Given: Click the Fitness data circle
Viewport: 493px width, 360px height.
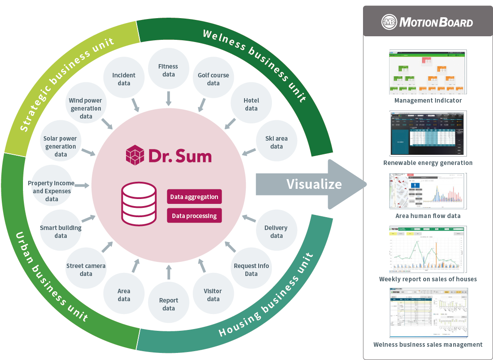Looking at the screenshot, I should [x=168, y=70].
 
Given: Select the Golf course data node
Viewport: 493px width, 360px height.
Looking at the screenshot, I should [x=213, y=79].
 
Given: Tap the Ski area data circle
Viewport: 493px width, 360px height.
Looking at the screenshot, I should [x=276, y=142].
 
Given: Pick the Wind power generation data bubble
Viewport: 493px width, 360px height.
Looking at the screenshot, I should [x=86, y=108].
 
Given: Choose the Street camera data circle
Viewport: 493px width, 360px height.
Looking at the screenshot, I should [x=86, y=270].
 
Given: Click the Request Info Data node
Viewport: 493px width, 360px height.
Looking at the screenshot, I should [x=251, y=270].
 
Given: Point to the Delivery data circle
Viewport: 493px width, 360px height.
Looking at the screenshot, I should [x=276, y=232].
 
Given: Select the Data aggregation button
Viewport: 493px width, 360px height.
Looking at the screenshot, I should [x=194, y=197].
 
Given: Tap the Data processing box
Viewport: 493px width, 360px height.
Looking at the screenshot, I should [x=194, y=216].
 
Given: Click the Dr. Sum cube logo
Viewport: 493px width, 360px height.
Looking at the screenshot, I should [x=135, y=155].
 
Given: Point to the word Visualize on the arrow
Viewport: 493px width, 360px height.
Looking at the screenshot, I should [x=314, y=184].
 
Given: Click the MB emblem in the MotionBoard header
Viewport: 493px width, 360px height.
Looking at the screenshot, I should [x=390, y=22].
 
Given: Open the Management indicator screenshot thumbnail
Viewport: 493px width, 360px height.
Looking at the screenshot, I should [x=428, y=72].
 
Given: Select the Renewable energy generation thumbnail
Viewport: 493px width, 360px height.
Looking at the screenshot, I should [x=428, y=133].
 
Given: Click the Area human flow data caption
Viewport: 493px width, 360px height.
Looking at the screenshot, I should [x=428, y=216].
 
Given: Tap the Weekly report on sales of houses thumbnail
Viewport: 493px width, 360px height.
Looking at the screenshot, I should [x=428, y=249].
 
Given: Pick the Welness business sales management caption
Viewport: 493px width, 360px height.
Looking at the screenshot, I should [x=428, y=344].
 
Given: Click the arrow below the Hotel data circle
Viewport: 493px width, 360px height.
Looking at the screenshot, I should [x=230, y=123].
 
